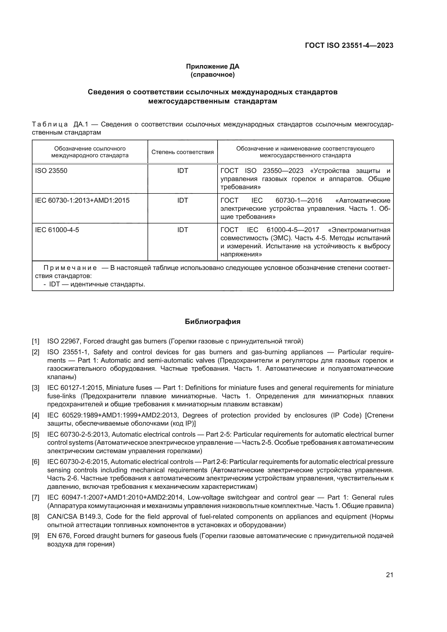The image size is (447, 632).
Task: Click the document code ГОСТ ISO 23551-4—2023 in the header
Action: point(349,45)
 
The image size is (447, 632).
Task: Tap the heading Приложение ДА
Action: point(212,66)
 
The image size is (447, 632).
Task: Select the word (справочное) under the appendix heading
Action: point(212,75)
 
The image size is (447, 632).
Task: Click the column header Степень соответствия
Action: point(182,152)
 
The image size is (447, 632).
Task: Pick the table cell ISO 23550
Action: point(51,171)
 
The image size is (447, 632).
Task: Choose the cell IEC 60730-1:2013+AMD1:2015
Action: point(82,200)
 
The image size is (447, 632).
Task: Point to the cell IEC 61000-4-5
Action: point(57,230)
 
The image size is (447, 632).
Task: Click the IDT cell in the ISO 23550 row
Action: point(182,171)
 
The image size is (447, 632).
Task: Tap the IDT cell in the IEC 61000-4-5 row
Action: point(182,230)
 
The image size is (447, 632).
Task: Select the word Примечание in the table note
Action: point(70,268)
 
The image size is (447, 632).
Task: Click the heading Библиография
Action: point(212,322)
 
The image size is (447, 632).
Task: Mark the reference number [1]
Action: point(35,341)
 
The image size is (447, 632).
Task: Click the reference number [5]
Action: point(35,435)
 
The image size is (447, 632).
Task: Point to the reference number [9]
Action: point(35,536)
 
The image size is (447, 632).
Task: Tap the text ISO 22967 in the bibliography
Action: point(63,341)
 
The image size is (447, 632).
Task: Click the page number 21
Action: point(389,575)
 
